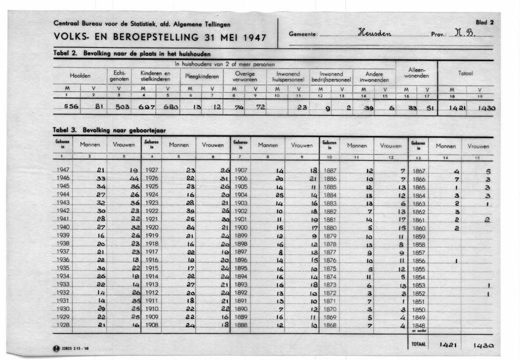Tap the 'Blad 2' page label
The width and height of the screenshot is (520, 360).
coord(484,22)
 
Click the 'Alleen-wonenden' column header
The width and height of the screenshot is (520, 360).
coord(416,73)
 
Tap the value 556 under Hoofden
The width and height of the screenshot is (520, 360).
coord(71,107)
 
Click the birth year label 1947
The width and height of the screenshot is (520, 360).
coord(63,170)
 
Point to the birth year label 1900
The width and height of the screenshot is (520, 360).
coord(241,227)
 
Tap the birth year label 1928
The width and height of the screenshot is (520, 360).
coord(63,325)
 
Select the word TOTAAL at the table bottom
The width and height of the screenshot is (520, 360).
coord(418,344)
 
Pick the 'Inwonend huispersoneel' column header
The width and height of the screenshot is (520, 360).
coord(288,76)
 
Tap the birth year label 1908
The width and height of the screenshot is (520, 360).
coord(152,325)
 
